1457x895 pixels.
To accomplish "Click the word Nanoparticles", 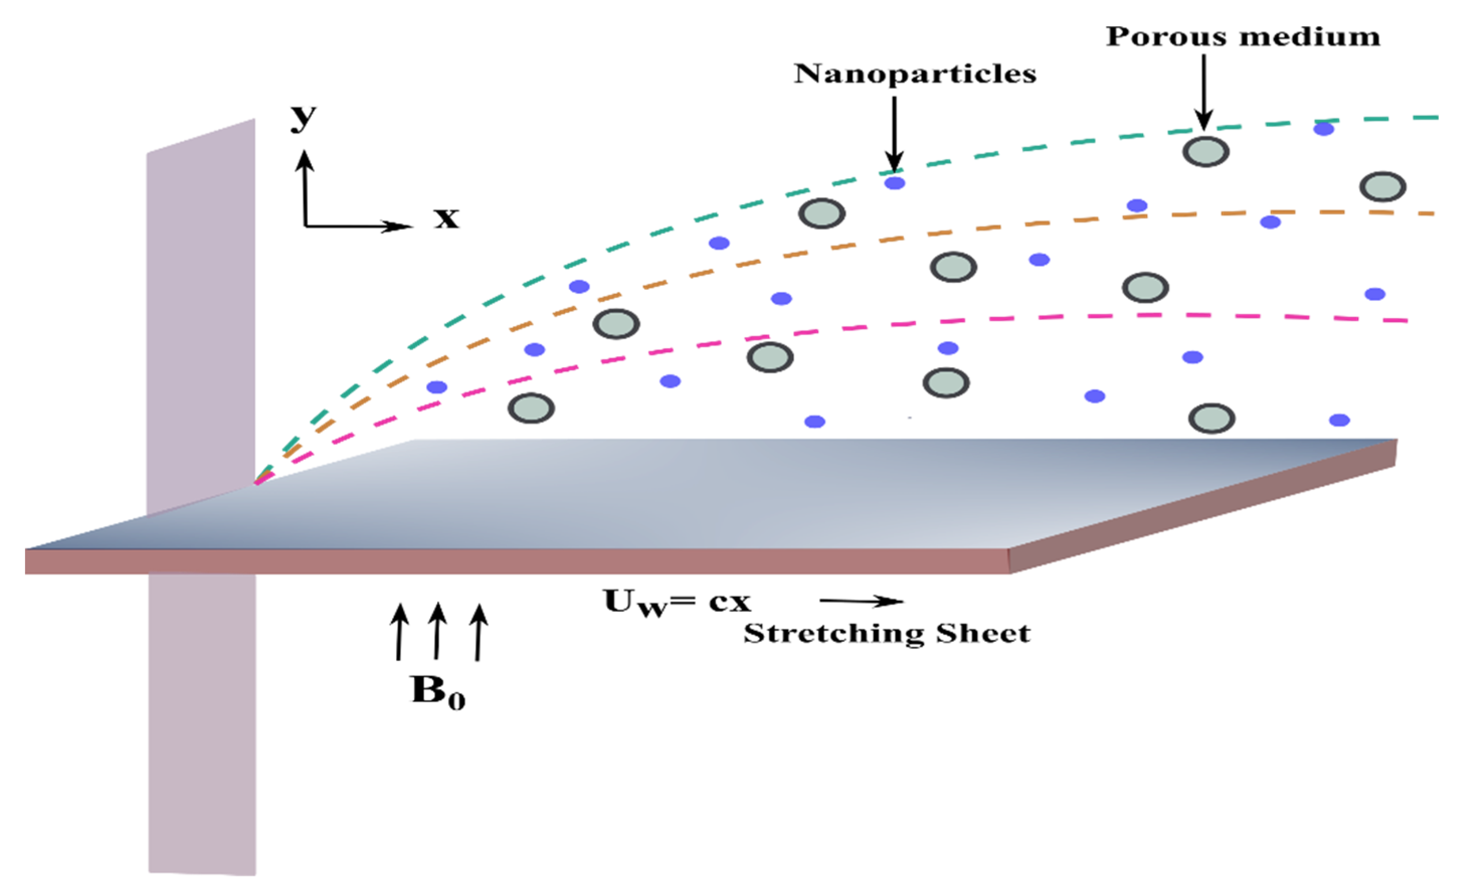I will coord(915,74).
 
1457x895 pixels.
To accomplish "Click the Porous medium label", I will coord(1242,37).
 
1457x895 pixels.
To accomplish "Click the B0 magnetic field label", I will coord(438,692).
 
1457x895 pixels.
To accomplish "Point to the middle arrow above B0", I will coord(437,630).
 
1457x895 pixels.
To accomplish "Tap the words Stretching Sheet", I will coord(887,634).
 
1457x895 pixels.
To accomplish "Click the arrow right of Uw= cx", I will coord(862,601).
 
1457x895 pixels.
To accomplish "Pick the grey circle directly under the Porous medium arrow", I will coord(1205,152).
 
